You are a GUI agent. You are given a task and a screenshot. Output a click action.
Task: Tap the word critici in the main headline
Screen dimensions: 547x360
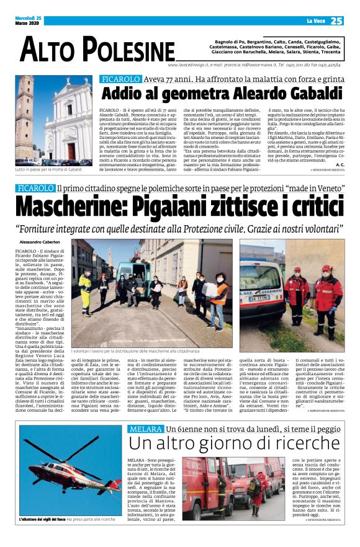(x=304, y=205)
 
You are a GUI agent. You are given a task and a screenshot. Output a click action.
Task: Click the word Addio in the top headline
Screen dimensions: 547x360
(x=124, y=94)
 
